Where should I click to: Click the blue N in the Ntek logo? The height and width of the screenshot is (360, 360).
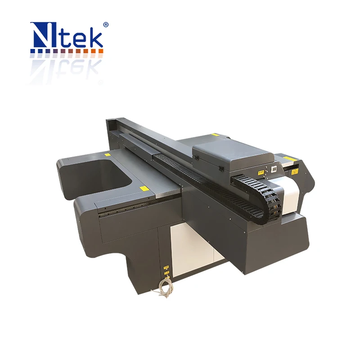tap(42, 36)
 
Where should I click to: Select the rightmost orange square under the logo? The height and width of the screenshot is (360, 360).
tap(101, 52)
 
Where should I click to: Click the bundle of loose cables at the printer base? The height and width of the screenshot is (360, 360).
tap(162, 288)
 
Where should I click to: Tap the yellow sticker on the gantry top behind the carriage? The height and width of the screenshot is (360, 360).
tap(215, 134)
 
